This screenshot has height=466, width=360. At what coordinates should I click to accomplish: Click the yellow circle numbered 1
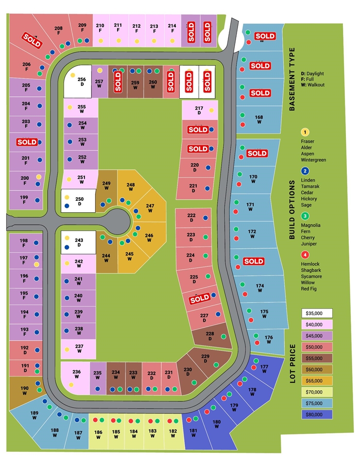(305, 132)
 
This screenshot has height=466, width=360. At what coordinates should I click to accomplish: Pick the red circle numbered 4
(305, 255)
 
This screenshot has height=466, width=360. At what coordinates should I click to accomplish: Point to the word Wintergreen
(313, 160)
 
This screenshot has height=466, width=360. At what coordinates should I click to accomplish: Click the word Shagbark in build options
(311, 270)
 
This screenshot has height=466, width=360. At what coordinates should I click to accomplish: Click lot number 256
(82, 79)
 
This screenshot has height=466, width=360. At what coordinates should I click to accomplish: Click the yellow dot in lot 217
(211, 110)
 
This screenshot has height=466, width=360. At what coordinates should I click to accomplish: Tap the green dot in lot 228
(223, 336)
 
